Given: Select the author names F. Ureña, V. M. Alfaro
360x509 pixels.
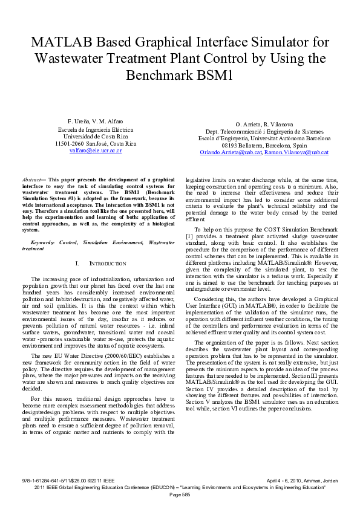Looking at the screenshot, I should tap(96, 121).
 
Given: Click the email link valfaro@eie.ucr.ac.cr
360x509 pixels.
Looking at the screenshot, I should tap(96, 151).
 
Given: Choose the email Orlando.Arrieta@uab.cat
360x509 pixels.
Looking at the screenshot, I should tap(231, 152).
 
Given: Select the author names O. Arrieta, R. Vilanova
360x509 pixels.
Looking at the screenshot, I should tap(264, 123).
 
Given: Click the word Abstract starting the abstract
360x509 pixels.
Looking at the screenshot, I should tap(32, 180).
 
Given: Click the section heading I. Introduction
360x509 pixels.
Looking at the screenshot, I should tap(100, 264).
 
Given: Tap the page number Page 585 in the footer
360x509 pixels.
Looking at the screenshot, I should tap(180, 494).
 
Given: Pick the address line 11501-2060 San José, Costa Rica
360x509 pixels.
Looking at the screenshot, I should tap(96, 143).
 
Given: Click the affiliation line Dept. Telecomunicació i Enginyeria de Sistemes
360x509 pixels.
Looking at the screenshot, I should tap(264, 131).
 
